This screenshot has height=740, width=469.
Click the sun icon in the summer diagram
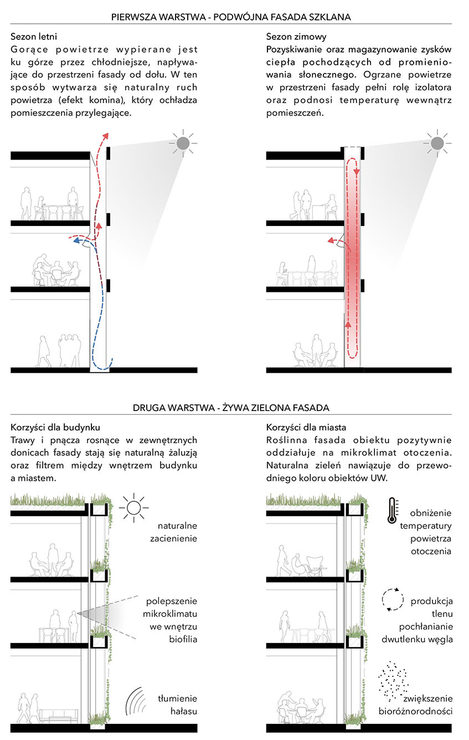183,144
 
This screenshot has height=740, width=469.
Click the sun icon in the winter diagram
437,144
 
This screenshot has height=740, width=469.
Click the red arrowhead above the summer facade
106,135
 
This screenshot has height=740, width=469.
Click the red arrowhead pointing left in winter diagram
330,240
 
